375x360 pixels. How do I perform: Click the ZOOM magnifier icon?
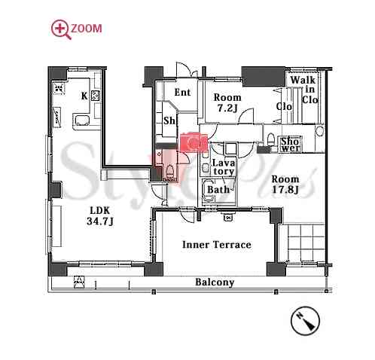(61, 29)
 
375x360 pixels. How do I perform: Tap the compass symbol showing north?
(305, 321)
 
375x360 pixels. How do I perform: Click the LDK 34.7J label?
(100, 216)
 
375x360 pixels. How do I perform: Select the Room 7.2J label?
(227, 102)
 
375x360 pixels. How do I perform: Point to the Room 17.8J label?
(285, 185)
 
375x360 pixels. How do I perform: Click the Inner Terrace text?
(217, 245)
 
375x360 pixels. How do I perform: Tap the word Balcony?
(215, 282)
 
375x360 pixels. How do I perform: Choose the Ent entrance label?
(182, 93)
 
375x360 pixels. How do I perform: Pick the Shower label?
(291, 145)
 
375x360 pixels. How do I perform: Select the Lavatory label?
(224, 167)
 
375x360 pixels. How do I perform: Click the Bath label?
(218, 190)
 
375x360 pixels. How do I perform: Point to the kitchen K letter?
(84, 96)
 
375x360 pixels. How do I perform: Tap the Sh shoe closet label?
(169, 121)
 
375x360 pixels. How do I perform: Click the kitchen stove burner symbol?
(96, 96)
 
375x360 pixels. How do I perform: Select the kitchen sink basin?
(81, 121)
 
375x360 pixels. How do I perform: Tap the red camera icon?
(194, 143)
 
